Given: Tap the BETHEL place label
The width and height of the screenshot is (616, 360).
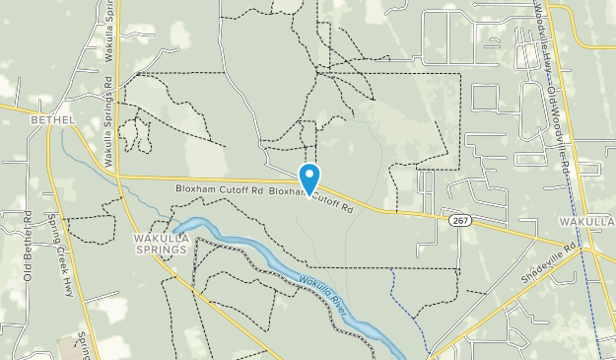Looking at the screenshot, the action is coord(53,119).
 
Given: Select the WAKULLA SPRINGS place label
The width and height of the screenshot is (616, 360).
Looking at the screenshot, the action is coord(160,245).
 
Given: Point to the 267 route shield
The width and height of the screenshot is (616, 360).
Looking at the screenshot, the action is coord(460,221).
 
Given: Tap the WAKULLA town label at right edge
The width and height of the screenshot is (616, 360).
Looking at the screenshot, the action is coord(592,222).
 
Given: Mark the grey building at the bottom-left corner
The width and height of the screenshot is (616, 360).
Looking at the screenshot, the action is coord(69,345).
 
